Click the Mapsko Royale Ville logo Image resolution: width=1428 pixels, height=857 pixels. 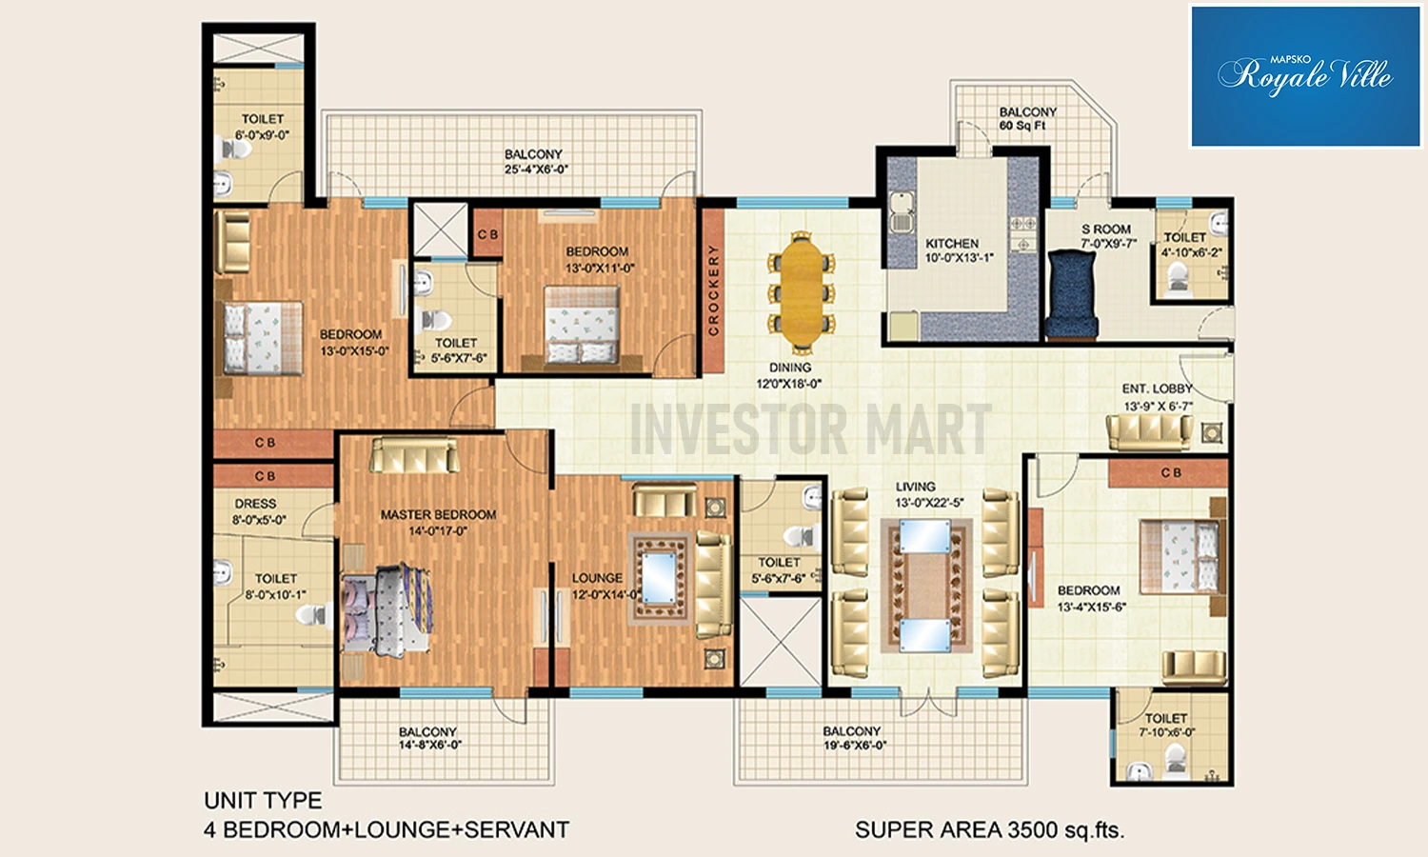1305,76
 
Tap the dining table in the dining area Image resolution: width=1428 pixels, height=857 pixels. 802,290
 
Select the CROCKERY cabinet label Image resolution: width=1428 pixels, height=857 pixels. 713,290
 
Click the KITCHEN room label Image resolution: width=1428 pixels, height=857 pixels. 952,244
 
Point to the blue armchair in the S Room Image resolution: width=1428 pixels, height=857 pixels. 1074,293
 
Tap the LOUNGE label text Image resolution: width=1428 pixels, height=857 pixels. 597,578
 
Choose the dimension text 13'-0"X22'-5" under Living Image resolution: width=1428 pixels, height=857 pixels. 929,503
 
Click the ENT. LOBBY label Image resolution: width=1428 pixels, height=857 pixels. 1157,389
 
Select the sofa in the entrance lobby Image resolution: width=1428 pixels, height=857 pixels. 1149,431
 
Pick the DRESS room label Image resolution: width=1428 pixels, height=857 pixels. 255,504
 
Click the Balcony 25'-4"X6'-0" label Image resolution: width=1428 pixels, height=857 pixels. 535,162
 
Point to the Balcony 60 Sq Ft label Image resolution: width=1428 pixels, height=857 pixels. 1027,119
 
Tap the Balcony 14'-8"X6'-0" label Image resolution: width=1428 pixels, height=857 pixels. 429,738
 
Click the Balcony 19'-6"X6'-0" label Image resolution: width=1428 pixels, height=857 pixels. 854,738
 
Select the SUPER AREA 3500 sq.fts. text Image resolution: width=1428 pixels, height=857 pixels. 989,829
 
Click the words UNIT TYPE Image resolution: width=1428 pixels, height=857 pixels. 263,800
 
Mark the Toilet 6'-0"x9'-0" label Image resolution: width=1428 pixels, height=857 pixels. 262,127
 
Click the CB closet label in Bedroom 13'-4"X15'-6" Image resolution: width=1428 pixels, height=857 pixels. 1171,472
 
